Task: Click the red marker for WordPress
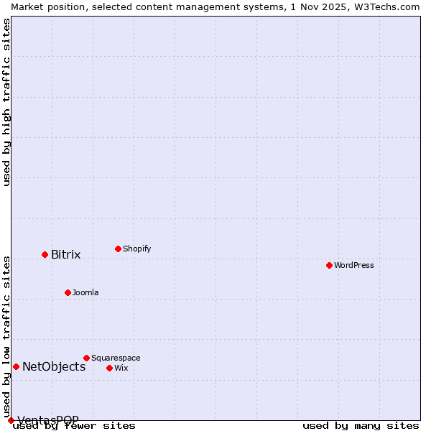[329, 265]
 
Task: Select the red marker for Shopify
[118, 249]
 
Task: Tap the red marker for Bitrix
[45, 254]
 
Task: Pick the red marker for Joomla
[68, 292]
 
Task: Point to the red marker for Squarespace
[86, 358]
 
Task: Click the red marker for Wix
[109, 368]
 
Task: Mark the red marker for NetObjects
[16, 366]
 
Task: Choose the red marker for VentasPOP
[11, 420]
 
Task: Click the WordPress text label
[353, 265]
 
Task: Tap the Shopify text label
[136, 249]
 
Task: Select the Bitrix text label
[65, 254]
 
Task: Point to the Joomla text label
[85, 292]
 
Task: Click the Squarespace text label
[116, 358]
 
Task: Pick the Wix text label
[121, 368]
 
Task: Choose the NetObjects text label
[54, 366]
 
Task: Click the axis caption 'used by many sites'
[361, 425]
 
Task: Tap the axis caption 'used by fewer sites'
[75, 425]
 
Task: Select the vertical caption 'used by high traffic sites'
[6, 102]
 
